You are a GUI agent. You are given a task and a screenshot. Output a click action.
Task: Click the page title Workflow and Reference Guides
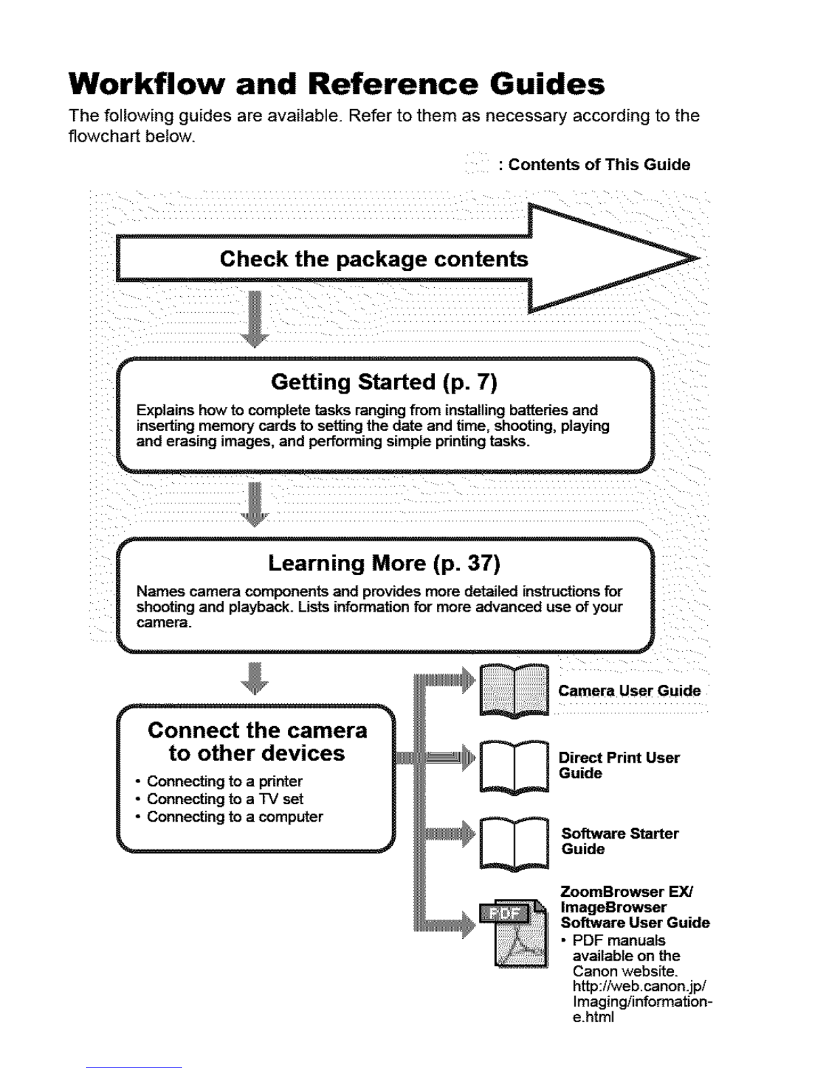(x=337, y=85)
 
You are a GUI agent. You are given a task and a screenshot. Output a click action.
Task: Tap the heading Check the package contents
(x=374, y=259)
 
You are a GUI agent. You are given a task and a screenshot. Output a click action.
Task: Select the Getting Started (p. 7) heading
(x=384, y=383)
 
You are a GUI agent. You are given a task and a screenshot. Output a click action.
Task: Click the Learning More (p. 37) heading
(x=384, y=563)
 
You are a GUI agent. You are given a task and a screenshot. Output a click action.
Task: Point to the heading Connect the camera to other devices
(x=257, y=742)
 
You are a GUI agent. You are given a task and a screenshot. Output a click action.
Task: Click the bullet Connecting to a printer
(x=224, y=781)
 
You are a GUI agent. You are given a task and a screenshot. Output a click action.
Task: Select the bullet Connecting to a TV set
(x=225, y=799)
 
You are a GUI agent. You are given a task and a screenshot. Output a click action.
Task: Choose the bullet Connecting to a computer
(x=234, y=816)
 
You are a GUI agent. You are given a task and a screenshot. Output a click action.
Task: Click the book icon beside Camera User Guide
(x=514, y=690)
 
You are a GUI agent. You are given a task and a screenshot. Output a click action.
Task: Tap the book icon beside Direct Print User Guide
(x=514, y=767)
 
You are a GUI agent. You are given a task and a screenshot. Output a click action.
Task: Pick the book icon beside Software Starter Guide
(x=514, y=843)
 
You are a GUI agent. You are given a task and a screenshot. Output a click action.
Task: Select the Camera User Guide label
(x=629, y=691)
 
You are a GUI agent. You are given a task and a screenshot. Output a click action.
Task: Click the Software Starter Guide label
(x=620, y=841)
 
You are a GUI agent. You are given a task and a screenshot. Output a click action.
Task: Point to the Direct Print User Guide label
(x=619, y=765)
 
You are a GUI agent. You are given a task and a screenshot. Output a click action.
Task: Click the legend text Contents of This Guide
(x=599, y=165)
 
